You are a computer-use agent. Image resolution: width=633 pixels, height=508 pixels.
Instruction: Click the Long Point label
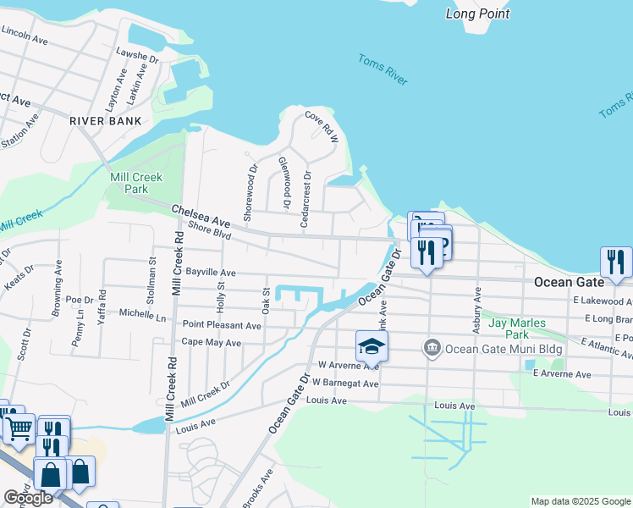coord(478,14)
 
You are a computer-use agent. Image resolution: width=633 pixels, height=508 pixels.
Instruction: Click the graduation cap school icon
coord(372,346)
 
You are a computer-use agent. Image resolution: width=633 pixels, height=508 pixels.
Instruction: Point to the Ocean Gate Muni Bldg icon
coord(432,347)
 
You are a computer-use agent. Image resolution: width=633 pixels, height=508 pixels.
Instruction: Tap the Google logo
coord(28,498)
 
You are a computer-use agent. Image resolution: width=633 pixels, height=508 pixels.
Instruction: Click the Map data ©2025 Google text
coord(580,501)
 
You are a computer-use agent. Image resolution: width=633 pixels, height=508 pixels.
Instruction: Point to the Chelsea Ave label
coord(201,215)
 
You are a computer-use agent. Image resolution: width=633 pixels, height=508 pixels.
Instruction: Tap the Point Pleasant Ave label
coord(223,325)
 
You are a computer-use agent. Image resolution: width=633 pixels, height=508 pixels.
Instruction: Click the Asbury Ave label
coord(477,305)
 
